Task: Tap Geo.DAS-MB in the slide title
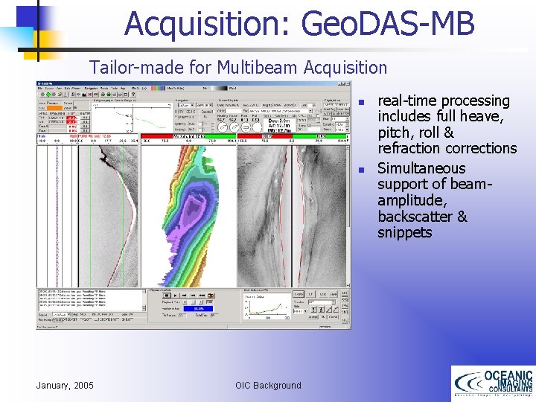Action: pos(388,24)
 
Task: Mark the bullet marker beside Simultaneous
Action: pos(360,170)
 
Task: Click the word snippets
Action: pos(404,233)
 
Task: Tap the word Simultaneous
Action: pos(421,168)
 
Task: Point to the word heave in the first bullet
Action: pos(482,117)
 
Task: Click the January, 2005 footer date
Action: pos(66,385)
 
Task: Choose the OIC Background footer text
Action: pos(268,385)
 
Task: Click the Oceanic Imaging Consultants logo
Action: pos(492,383)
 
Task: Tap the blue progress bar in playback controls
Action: pos(199,308)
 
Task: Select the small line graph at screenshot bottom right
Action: pos(265,306)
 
